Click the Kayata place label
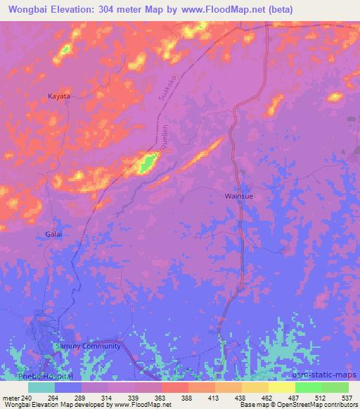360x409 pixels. (x=58, y=96)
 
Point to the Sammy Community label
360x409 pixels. (x=88, y=346)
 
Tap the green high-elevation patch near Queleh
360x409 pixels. (x=147, y=164)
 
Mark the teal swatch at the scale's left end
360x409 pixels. (x=41, y=387)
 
